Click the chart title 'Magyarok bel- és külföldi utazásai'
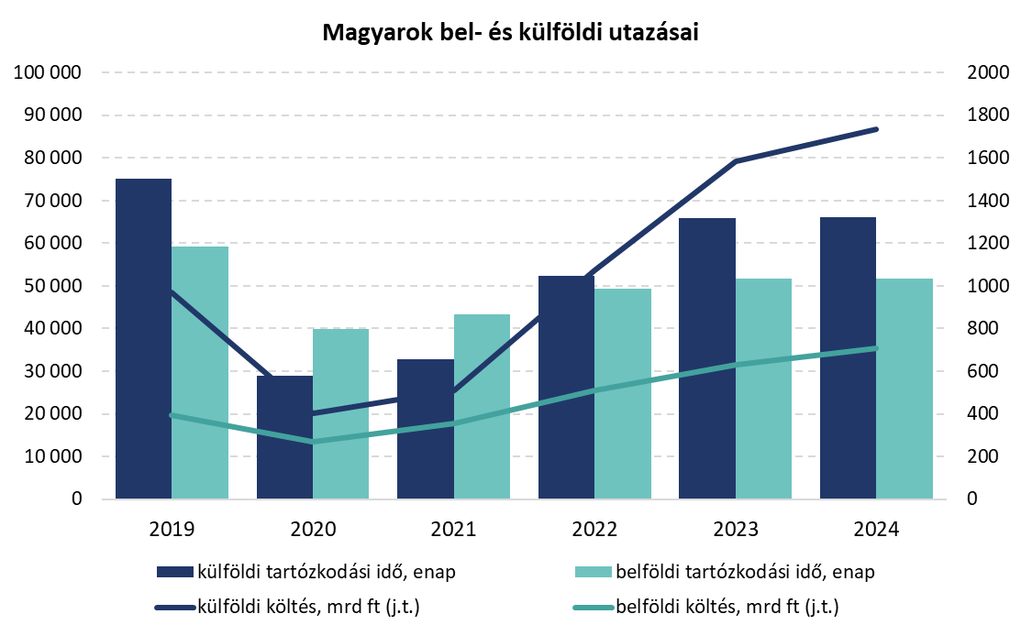[510, 35]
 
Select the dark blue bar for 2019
[143, 339]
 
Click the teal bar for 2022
[622, 394]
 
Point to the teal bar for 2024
[904, 389]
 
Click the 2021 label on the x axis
[453, 530]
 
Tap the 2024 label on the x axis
[875, 530]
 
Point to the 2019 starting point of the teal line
[172, 415]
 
